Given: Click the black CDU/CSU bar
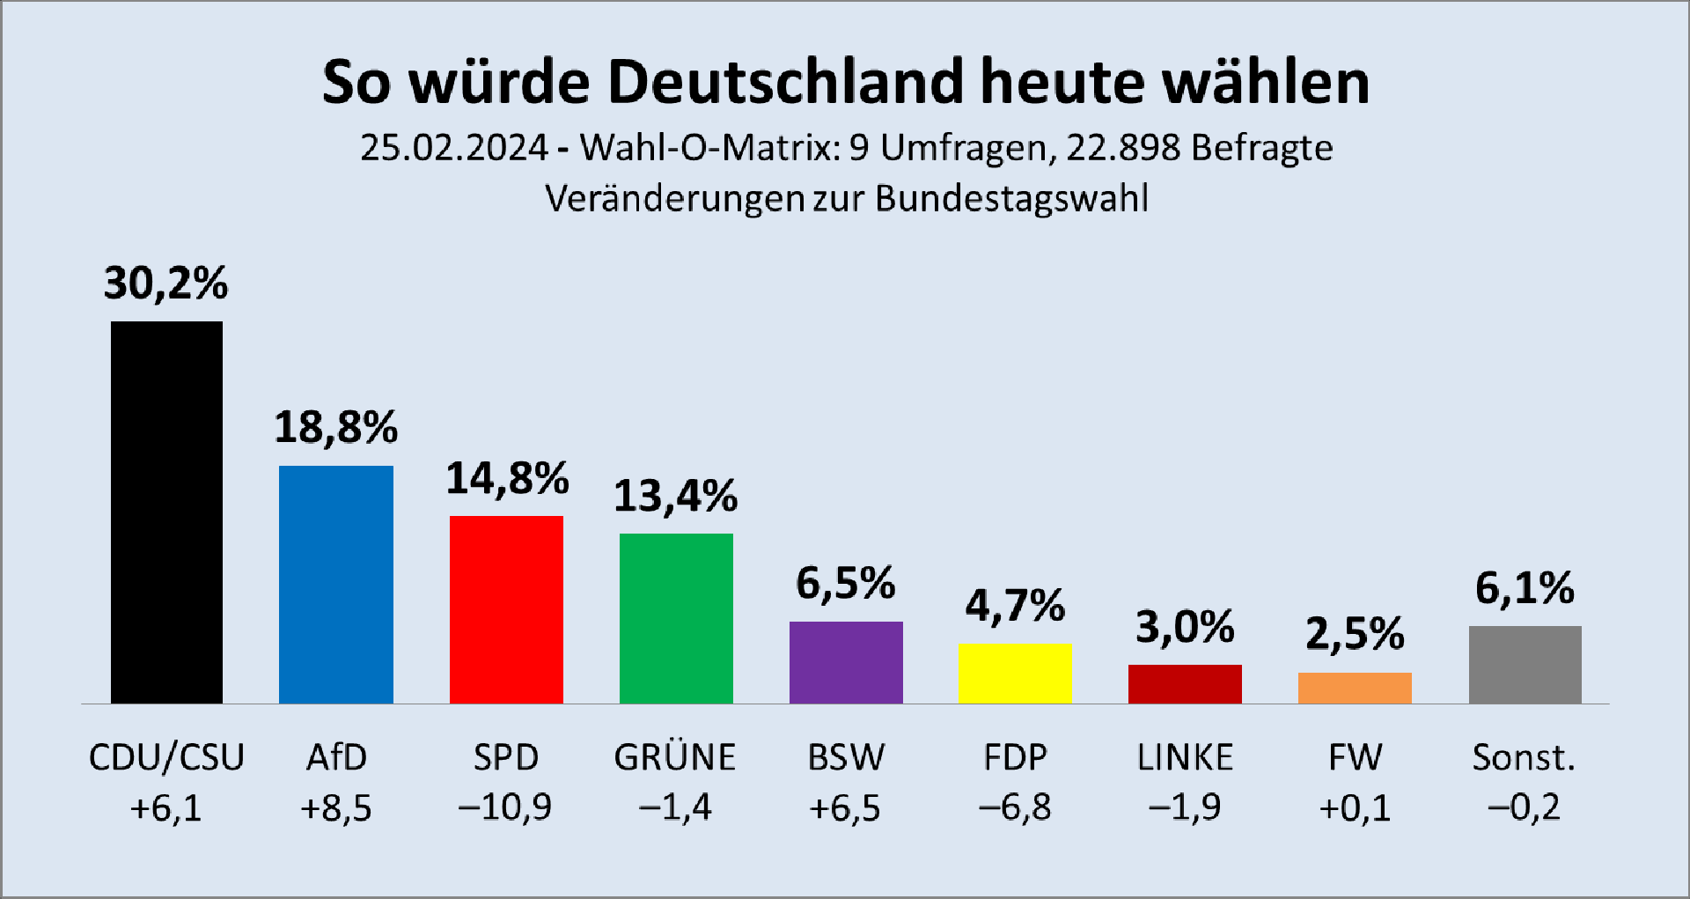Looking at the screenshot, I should tap(166, 512).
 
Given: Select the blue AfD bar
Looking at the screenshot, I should tap(336, 585).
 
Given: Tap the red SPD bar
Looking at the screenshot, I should tap(506, 609).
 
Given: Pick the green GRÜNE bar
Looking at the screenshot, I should tap(676, 618).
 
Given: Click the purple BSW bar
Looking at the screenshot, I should tap(846, 662).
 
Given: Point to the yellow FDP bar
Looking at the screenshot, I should tap(1015, 674).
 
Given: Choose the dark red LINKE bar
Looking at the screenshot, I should tap(1185, 684).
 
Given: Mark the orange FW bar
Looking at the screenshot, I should tap(1355, 688).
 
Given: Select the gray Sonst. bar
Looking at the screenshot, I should tap(1525, 665).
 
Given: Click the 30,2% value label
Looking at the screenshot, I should tap(165, 284).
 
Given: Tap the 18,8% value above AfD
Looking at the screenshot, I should tap(336, 428).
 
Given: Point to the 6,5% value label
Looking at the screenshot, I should tap(846, 584).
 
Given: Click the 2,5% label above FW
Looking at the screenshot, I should tap(1355, 634).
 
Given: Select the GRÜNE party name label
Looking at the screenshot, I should tap(675, 757).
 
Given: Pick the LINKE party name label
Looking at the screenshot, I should tap(1185, 757).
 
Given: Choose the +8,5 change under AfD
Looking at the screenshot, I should tap(336, 807).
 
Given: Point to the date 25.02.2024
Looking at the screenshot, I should tap(454, 148).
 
